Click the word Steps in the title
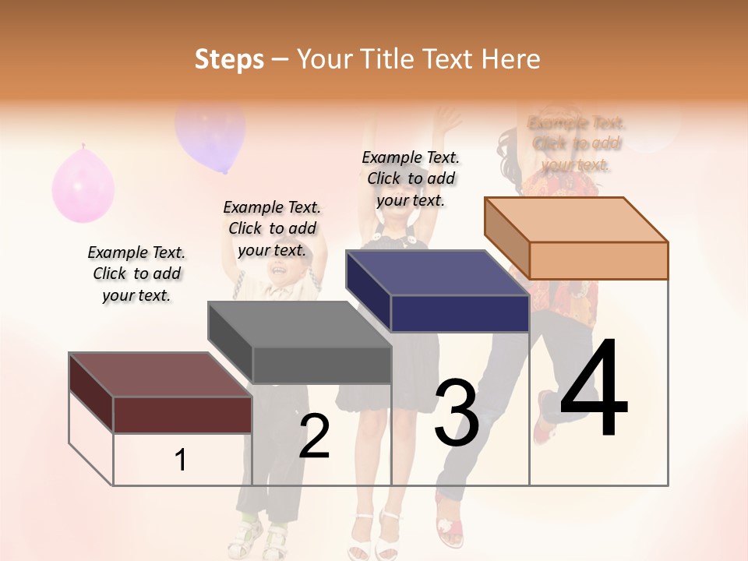[228, 59]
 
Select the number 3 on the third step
[457, 413]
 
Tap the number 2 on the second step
[314, 436]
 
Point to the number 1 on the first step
[181, 460]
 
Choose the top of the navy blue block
[437, 273]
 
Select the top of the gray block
[299, 324]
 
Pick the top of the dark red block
[160, 375]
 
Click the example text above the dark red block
[136, 273]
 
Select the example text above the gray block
[272, 228]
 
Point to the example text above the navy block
[411, 178]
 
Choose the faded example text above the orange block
[577, 143]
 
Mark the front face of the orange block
[598, 260]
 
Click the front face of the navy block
[460, 313]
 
